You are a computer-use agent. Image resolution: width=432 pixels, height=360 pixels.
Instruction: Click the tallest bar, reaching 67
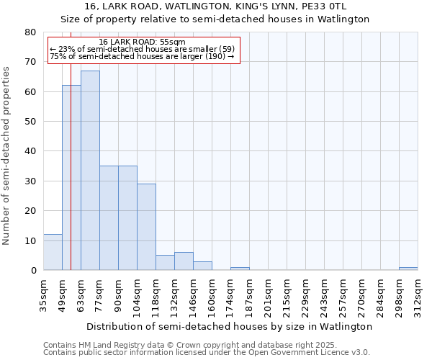click(x=90, y=171)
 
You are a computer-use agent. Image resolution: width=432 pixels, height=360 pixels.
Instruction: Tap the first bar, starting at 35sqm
click(x=53, y=252)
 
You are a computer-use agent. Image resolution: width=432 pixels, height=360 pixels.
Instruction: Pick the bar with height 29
click(x=146, y=227)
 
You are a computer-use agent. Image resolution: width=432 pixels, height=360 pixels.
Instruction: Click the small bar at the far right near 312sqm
click(x=408, y=269)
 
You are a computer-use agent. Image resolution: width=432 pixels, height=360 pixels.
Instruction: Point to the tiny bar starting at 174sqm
click(x=240, y=269)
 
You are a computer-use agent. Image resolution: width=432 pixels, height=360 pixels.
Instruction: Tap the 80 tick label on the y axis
click(x=30, y=32)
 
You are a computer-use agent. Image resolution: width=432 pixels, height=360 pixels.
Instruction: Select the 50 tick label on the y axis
click(x=30, y=122)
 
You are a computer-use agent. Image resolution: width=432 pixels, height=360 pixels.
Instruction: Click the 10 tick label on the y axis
click(x=30, y=240)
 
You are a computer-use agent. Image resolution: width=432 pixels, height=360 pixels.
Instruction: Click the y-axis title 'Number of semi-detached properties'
click(x=7, y=156)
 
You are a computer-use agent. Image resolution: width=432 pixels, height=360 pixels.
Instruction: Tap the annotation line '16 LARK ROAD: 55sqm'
click(x=142, y=42)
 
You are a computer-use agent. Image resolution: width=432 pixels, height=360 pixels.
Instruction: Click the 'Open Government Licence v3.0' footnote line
click(x=207, y=352)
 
